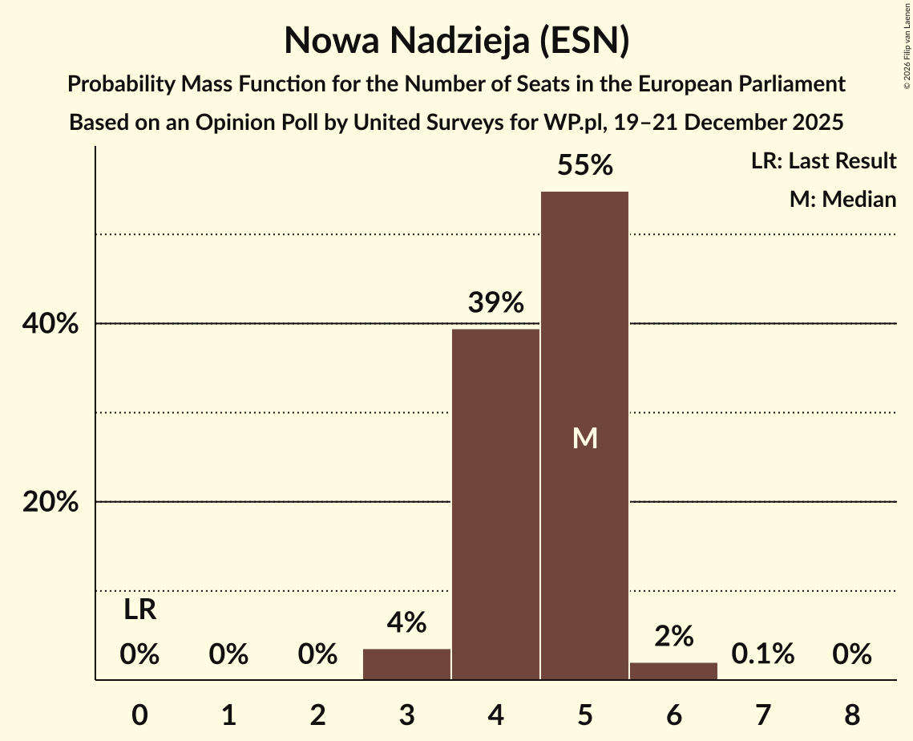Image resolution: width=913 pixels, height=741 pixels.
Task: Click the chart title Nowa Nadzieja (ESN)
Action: tap(456, 40)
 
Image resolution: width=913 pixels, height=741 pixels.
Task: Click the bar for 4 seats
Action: tap(495, 504)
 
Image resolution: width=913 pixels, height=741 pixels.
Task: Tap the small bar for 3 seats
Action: tap(406, 664)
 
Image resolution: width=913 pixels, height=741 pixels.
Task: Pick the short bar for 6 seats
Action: tap(673, 671)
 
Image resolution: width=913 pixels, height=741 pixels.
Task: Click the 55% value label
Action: tap(584, 166)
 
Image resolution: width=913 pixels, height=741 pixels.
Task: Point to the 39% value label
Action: tap(495, 303)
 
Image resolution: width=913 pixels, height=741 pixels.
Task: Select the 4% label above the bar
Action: tap(406, 622)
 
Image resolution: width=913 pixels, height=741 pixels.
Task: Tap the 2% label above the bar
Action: tap(673, 637)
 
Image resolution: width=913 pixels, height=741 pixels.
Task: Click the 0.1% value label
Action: tap(762, 654)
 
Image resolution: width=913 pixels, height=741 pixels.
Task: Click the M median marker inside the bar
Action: tap(585, 438)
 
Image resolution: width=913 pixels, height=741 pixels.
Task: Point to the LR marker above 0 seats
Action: tap(139, 611)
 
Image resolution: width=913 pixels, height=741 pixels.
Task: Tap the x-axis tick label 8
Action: tap(851, 713)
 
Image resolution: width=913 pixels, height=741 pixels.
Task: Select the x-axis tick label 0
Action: tap(139, 713)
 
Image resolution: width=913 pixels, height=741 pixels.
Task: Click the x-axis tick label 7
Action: tap(762, 713)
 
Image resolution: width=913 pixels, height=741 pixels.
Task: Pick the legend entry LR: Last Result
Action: tap(823, 161)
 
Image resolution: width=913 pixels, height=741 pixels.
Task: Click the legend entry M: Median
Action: tap(842, 199)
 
